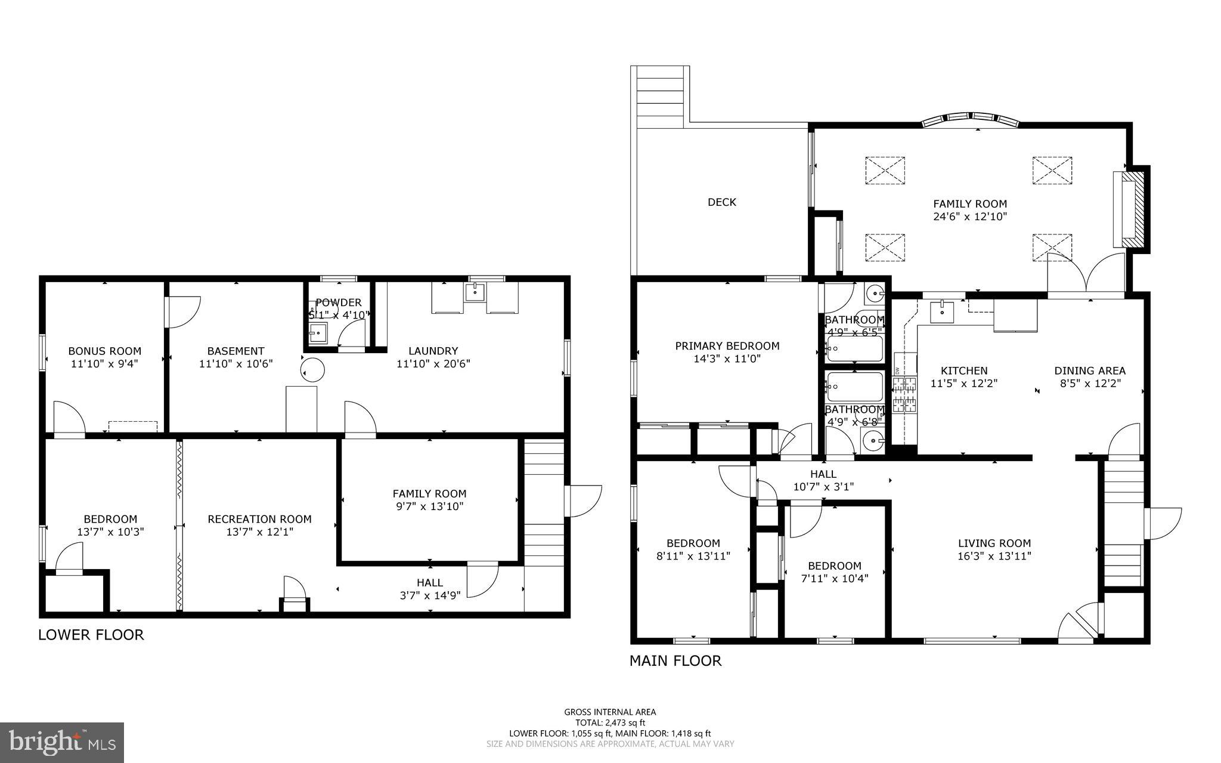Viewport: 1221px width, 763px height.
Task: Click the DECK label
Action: point(721,202)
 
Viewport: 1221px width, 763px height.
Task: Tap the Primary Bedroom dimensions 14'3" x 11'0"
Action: point(727,359)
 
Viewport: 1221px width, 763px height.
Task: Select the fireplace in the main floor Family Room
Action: point(1131,210)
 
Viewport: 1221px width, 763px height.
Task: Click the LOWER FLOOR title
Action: point(91,635)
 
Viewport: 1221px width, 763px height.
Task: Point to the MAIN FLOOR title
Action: point(675,661)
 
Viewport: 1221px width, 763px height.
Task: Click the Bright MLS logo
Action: point(62,742)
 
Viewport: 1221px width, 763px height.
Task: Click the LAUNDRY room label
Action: point(433,351)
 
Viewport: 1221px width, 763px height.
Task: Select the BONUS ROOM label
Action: point(104,351)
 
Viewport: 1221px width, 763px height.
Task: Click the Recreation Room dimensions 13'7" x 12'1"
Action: point(259,532)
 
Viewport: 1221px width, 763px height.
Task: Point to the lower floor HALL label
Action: point(429,582)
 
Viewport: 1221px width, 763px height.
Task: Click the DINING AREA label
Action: point(1090,370)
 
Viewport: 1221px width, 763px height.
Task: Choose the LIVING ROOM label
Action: point(994,543)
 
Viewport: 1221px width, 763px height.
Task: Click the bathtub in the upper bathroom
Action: point(854,348)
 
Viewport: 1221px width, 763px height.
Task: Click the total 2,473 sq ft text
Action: point(610,722)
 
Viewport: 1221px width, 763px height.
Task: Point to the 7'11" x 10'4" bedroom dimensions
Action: point(834,578)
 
